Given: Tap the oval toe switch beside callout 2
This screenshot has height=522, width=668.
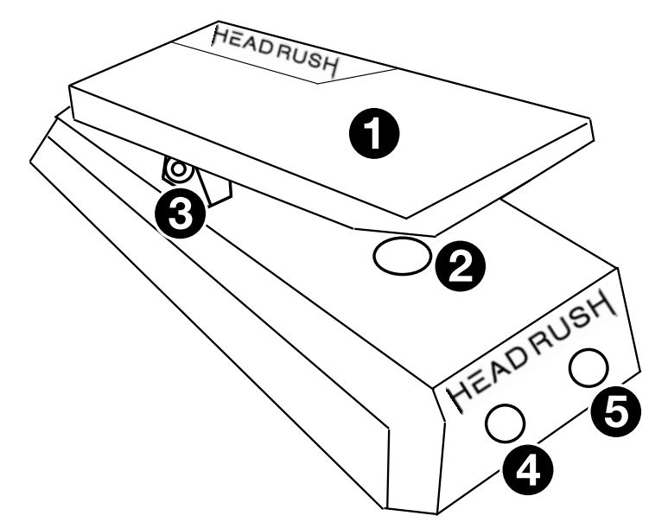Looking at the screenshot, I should click(401, 257).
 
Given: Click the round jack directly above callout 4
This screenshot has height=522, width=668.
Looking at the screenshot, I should click(505, 422).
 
